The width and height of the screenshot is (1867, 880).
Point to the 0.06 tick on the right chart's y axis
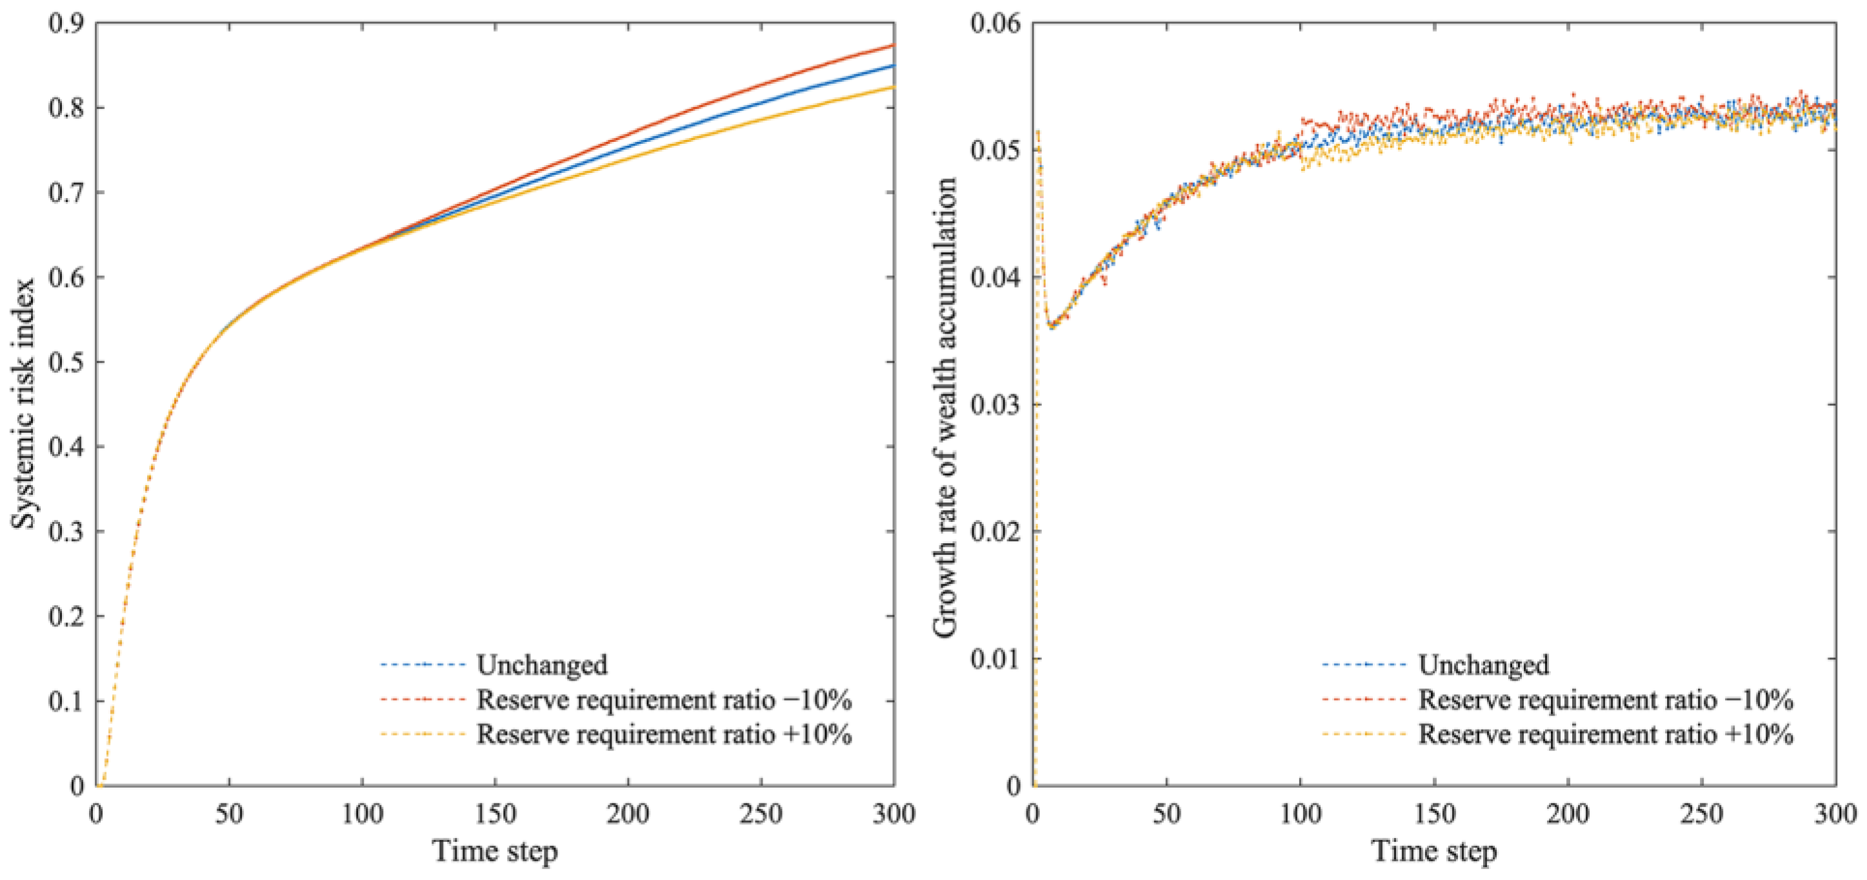[994, 23]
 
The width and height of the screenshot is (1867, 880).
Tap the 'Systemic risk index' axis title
[23, 403]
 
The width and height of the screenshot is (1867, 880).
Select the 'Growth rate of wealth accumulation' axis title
[944, 406]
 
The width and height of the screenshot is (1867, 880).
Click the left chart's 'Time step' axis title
[495, 851]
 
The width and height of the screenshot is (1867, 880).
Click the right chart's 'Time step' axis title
[1433, 851]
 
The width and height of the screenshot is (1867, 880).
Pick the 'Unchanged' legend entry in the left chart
[541, 665]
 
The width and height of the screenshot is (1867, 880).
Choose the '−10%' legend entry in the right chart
[1604, 699]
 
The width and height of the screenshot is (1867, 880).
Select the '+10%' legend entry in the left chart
[663, 734]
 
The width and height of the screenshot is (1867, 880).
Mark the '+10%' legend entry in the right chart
[1604, 734]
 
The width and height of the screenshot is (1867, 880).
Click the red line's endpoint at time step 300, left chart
[894, 45]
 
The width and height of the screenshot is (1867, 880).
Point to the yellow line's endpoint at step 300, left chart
[894, 87]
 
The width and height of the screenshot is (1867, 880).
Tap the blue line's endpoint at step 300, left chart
[894, 65]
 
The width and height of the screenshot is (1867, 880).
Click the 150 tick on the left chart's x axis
[495, 814]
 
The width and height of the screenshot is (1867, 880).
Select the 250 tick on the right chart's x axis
[1701, 814]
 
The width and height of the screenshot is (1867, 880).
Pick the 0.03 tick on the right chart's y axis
[994, 405]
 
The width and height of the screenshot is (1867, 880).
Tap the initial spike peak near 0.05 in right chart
[1039, 132]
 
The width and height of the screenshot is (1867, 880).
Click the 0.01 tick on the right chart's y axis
[994, 659]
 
